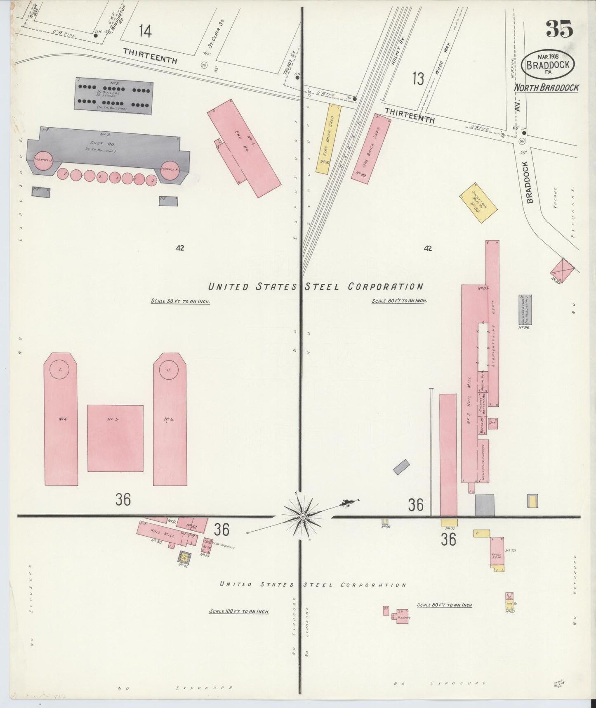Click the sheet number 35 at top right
coord(559,29)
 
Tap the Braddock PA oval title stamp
coord(547,64)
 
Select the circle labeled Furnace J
coord(43,161)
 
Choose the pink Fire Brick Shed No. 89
coord(371,147)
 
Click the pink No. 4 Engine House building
coord(243,147)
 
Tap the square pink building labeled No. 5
coord(115,438)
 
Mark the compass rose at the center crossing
coord(303,516)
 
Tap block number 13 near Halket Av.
coord(418,78)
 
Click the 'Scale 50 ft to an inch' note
coord(180,301)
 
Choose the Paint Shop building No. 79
coord(497,554)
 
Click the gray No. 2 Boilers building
coord(113,98)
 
